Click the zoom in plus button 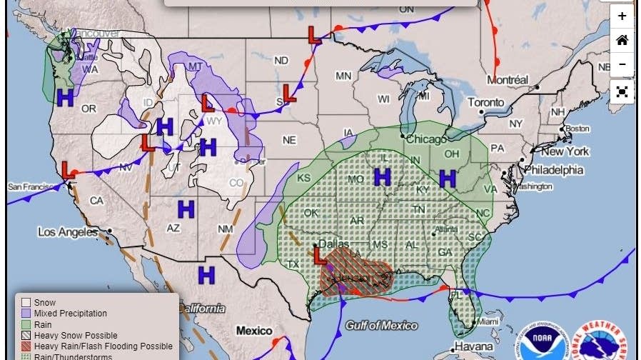coord(622,16)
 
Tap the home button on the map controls coord(622,40)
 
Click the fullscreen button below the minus coord(622,91)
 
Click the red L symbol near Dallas coord(319,255)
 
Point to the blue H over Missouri coord(383,176)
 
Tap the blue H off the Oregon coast coord(65,98)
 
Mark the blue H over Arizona coord(186,209)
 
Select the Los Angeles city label coord(67,232)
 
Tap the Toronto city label coord(485,103)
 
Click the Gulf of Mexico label coord(381,326)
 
